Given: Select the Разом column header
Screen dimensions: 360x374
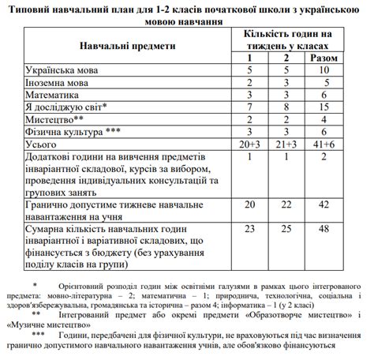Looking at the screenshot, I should [x=324, y=59].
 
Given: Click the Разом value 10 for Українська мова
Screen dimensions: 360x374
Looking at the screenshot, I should [x=324, y=71].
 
